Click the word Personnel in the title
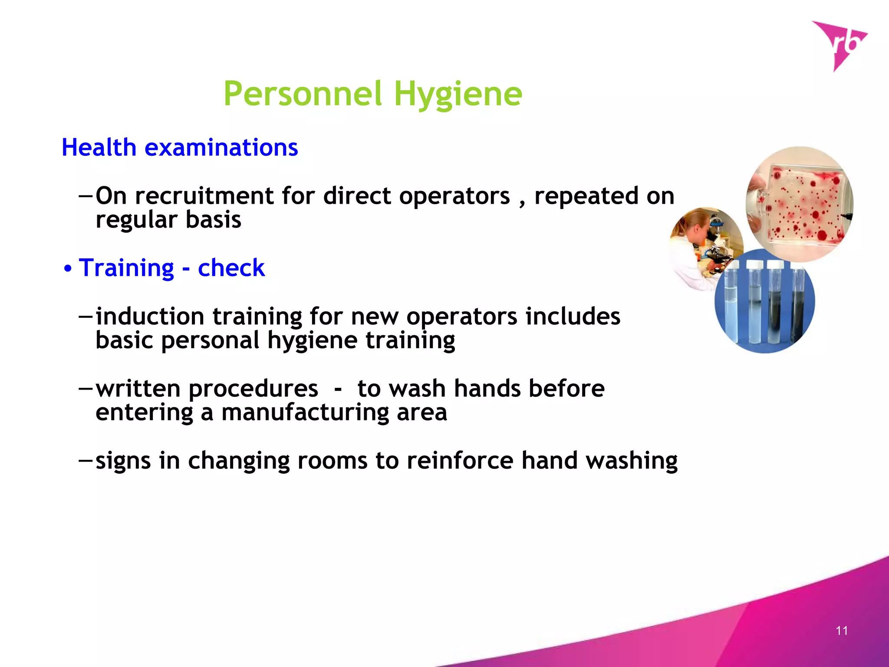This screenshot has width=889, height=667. [303, 94]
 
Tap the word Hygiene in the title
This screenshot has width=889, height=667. [458, 95]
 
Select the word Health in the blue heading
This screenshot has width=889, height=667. [99, 148]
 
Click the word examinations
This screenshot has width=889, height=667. [221, 148]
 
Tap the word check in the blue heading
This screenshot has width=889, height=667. [231, 268]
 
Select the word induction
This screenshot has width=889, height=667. [150, 316]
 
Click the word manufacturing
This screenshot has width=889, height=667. [305, 413]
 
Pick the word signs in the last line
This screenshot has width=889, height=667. [123, 461]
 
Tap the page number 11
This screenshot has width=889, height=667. [842, 631]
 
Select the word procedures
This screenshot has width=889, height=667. [253, 389]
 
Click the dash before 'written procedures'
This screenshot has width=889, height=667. [86, 388]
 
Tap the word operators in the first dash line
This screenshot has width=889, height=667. [454, 196]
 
